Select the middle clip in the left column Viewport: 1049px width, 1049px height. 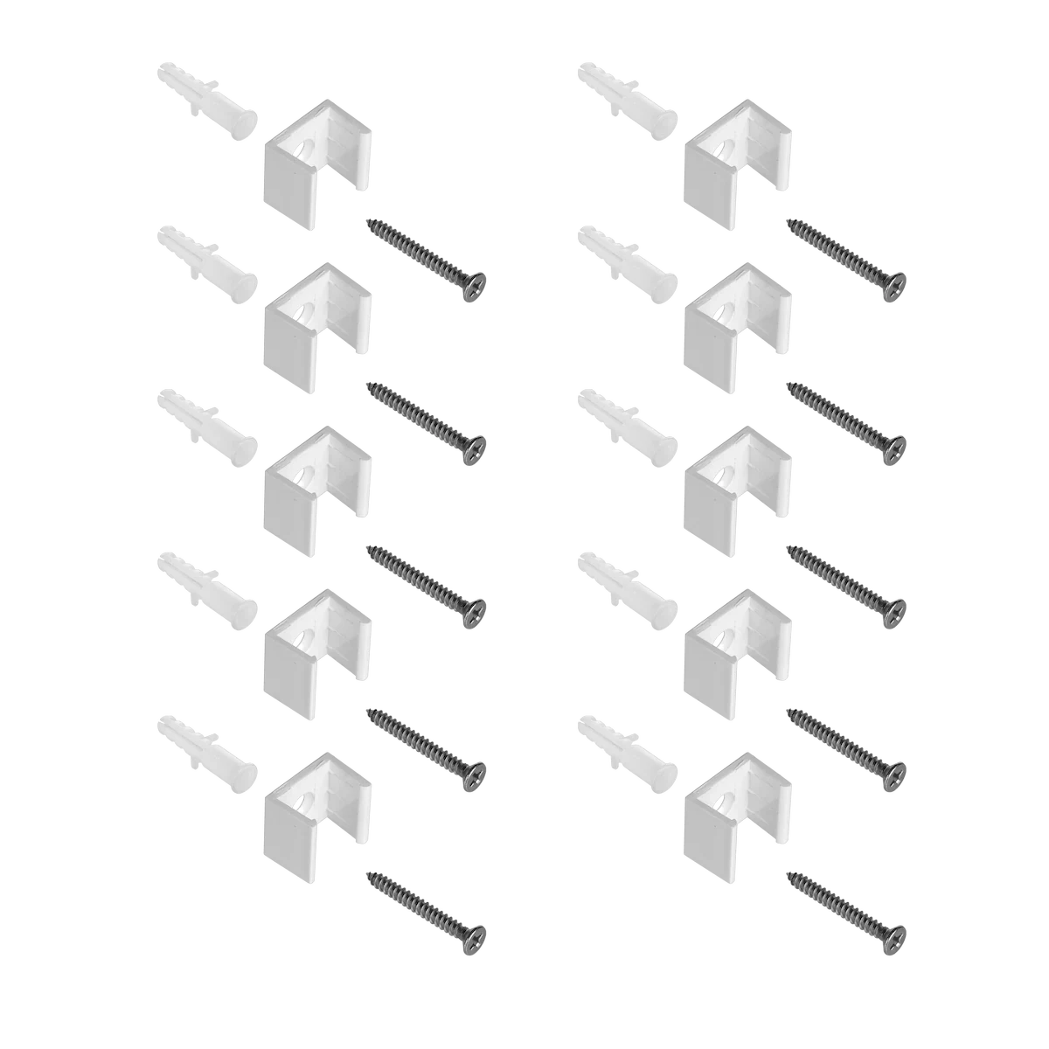pos(316,485)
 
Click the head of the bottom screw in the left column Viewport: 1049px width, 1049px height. pos(475,933)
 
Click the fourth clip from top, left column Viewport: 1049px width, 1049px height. pos(316,647)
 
